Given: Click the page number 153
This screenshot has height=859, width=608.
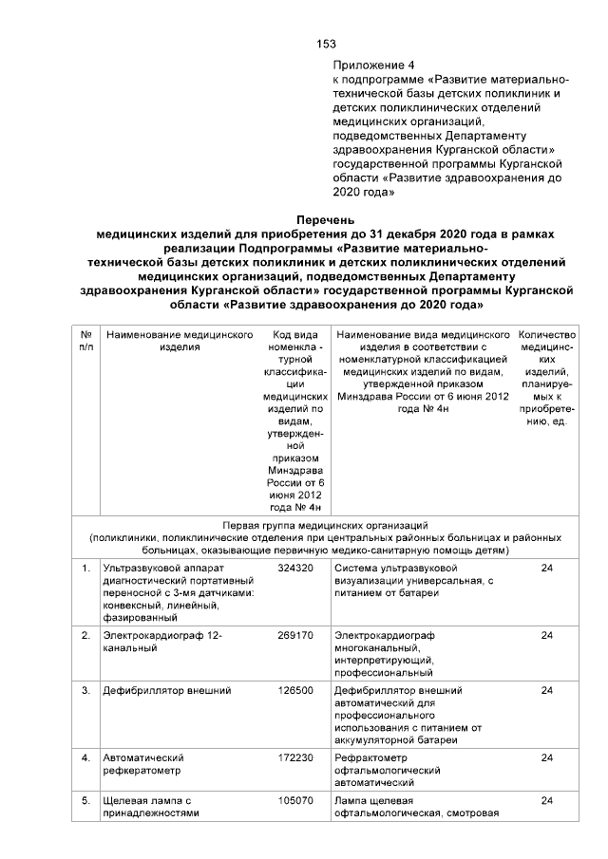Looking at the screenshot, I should (327, 44).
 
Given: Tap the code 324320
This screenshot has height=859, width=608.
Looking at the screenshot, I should (294, 568).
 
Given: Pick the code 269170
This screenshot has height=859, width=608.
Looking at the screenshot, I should (294, 635).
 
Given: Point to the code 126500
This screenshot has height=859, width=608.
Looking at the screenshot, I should (294, 690).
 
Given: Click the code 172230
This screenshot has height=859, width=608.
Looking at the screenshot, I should (294, 758).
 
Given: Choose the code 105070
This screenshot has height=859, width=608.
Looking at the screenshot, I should (294, 801).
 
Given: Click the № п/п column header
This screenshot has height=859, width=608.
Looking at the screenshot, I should (85, 342).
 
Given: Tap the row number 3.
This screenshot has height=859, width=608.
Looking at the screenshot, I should (85, 690).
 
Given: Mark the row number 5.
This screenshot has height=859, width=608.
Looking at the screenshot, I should (85, 801).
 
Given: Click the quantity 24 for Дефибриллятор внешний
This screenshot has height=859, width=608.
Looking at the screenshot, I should (546, 690).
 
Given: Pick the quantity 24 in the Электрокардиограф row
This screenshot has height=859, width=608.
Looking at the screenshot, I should (546, 635).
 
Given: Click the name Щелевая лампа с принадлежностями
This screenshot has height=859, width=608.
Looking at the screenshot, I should (150, 807).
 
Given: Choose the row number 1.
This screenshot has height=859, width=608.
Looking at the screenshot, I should (85, 568).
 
